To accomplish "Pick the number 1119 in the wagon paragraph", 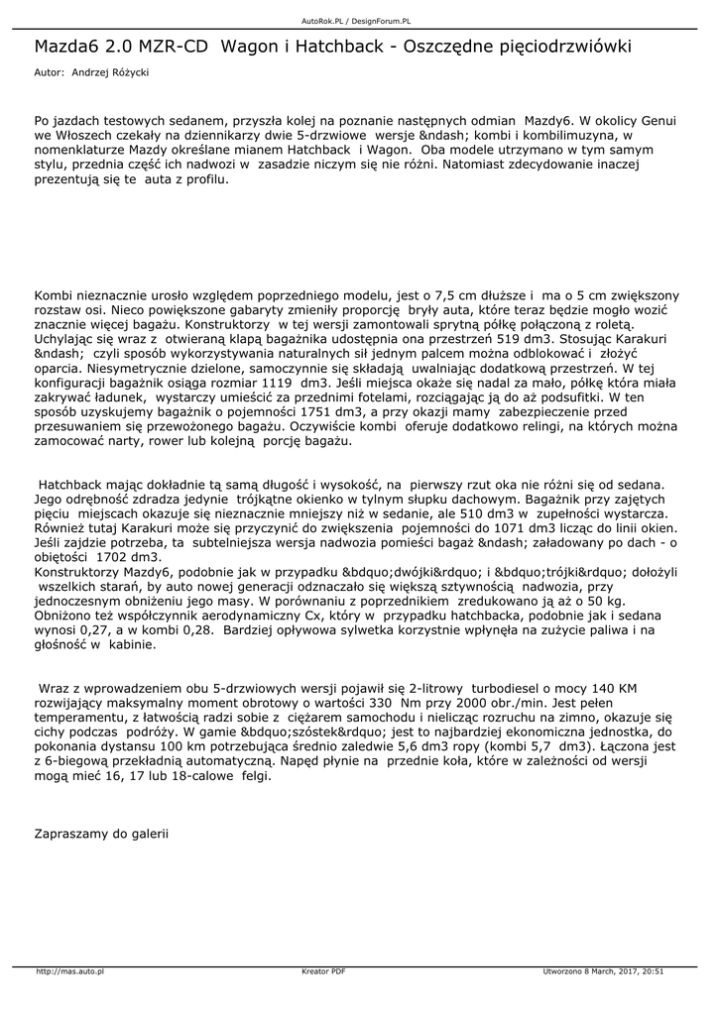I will tap(274, 383).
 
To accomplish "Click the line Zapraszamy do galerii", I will tap(101, 834).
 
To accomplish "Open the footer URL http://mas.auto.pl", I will tap(70, 971).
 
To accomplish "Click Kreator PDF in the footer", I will tap(323, 971).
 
